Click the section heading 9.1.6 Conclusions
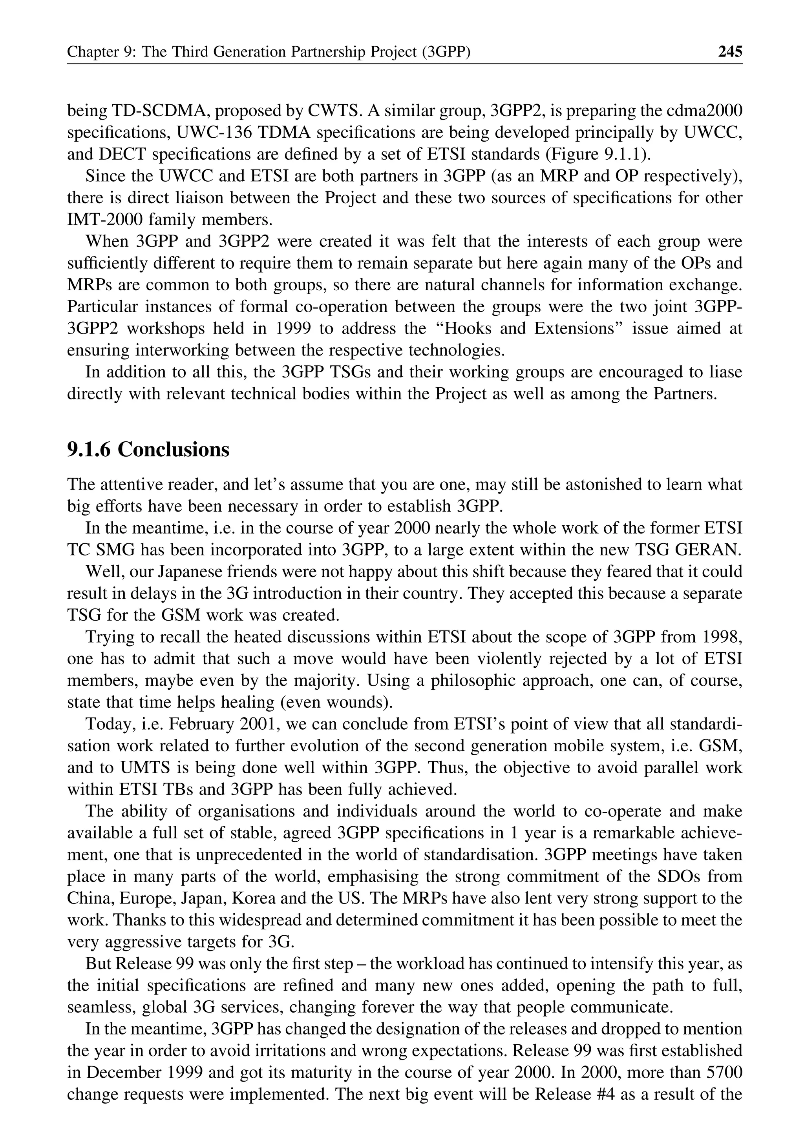pos(148,450)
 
